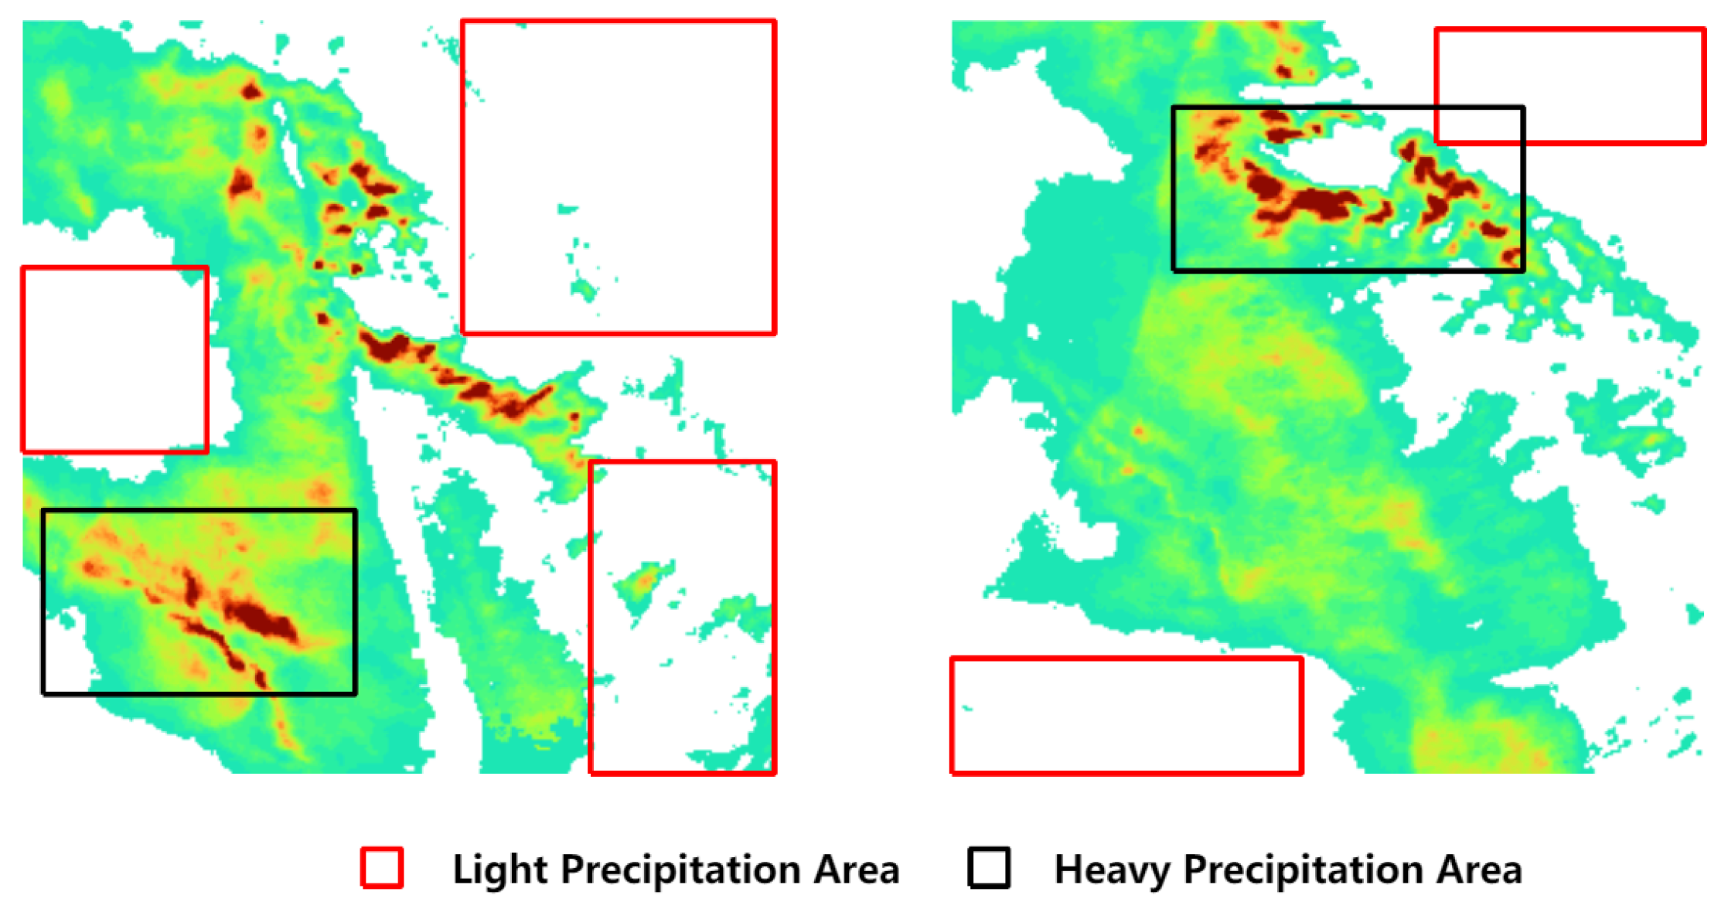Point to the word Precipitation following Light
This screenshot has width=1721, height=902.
680,870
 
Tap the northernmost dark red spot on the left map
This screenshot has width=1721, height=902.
251,92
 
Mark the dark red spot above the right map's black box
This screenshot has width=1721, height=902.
1283,72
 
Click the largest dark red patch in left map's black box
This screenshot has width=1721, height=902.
259,618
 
